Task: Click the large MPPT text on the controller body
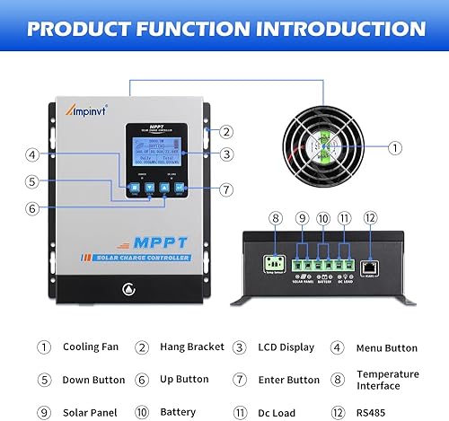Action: click(x=141, y=241)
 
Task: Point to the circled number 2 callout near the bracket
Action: click(x=227, y=132)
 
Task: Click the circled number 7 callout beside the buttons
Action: click(x=226, y=189)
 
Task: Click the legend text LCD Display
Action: click(x=286, y=346)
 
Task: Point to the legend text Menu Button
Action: click(x=388, y=346)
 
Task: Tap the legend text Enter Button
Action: click(x=285, y=380)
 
